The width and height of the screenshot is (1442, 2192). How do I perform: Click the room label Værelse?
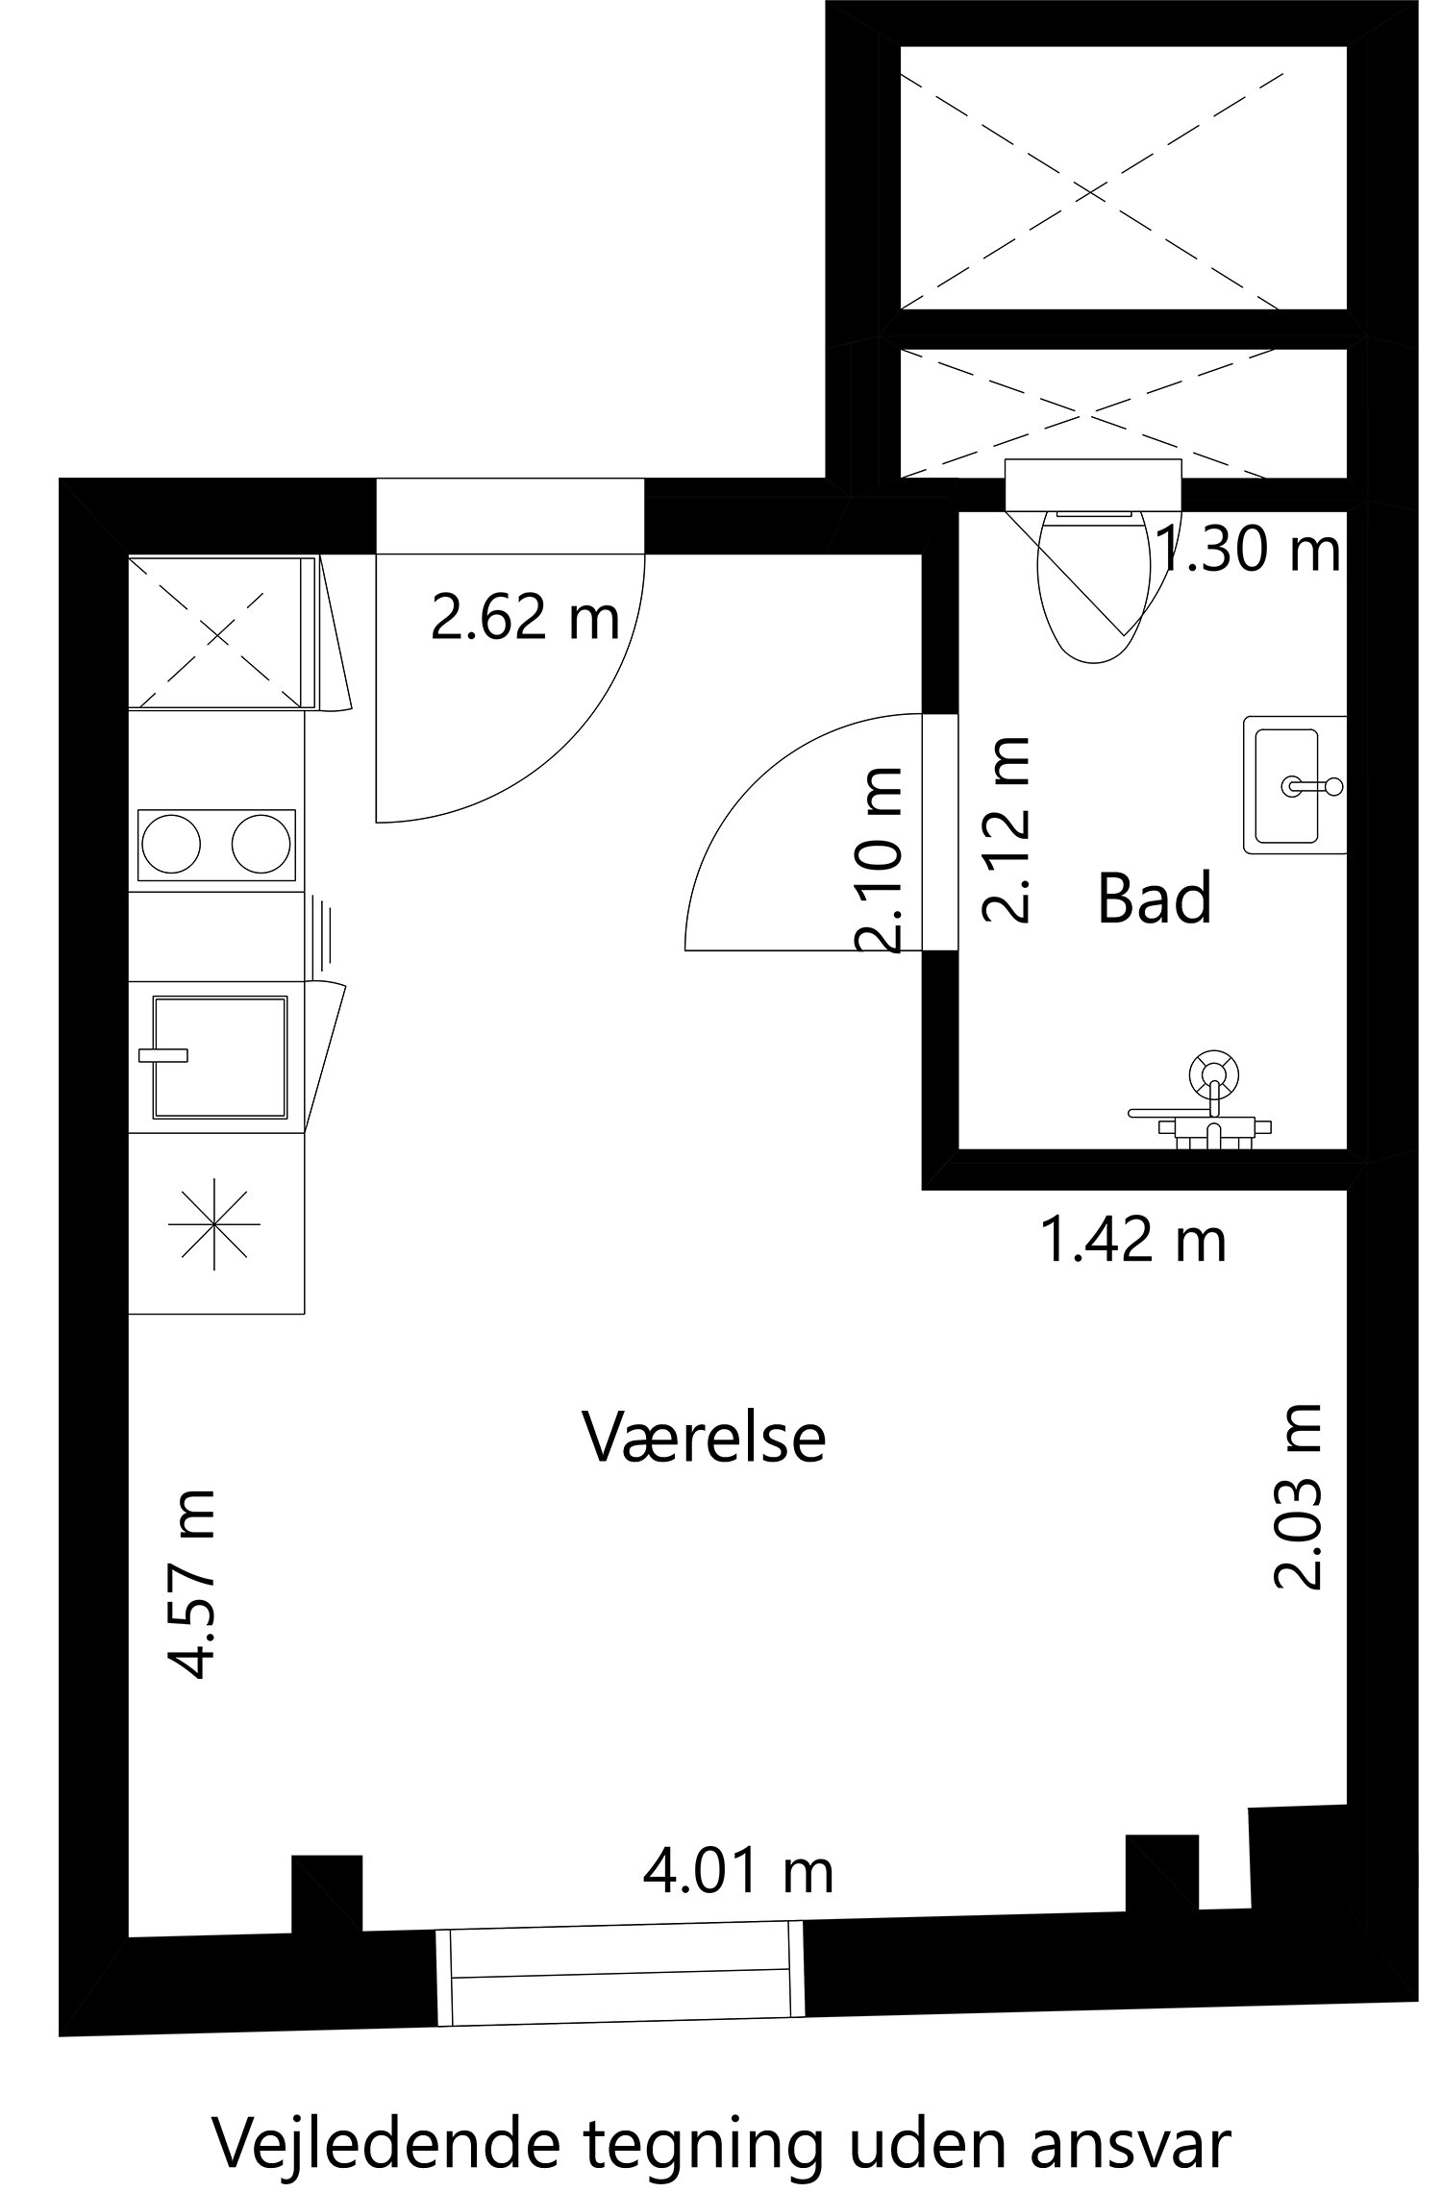[704, 1439]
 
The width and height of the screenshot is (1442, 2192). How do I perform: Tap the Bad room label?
[1154, 899]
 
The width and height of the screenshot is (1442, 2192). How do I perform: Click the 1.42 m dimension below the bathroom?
[1133, 1241]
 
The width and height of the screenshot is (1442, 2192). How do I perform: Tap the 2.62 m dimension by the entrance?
[525, 618]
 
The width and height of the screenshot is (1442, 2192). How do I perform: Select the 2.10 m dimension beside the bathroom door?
[879, 859]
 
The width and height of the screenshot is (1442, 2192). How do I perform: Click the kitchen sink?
[220, 1057]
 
